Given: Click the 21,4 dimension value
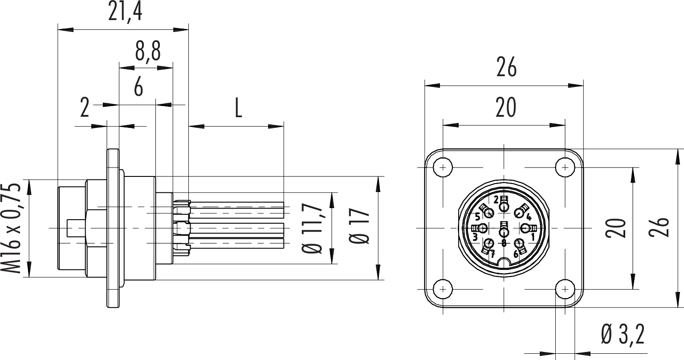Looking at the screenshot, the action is click(x=125, y=12).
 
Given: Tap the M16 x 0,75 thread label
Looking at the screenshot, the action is click(x=11, y=228).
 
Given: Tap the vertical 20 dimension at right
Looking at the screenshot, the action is click(x=616, y=228).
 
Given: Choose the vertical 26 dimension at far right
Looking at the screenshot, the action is click(x=659, y=227).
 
